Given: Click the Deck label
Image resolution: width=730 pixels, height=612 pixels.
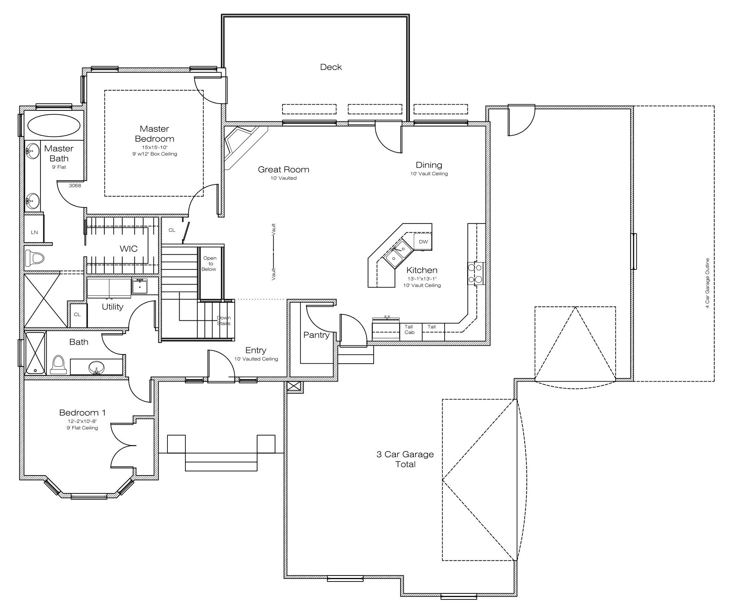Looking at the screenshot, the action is pyautogui.click(x=331, y=67).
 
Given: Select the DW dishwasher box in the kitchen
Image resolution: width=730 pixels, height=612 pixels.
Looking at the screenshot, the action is pyautogui.click(x=423, y=242).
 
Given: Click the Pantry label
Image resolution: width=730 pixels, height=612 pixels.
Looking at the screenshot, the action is pyautogui.click(x=316, y=335).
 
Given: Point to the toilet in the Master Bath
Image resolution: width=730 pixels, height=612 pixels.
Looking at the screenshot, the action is pyautogui.click(x=35, y=258).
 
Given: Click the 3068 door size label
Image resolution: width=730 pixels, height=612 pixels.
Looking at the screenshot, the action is pyautogui.click(x=75, y=186).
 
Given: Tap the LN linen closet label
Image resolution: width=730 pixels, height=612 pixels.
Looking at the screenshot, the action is pyautogui.click(x=34, y=232).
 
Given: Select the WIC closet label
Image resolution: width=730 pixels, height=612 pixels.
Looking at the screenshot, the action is pyautogui.click(x=128, y=249).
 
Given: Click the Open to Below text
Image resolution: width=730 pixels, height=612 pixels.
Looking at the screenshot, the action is pyautogui.click(x=210, y=263).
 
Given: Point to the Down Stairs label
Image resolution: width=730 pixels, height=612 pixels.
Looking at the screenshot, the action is pyautogui.click(x=224, y=320).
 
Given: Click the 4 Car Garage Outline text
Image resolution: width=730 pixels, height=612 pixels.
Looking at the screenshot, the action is pyautogui.click(x=707, y=283).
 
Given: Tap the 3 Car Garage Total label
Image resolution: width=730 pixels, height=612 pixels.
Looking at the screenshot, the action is pyautogui.click(x=405, y=459).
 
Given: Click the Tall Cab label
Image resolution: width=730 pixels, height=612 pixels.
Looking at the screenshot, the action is pyautogui.click(x=409, y=329).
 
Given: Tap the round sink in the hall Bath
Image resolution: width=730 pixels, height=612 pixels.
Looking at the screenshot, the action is pyautogui.click(x=96, y=367).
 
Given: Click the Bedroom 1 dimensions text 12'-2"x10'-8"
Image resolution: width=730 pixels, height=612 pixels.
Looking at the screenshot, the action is pyautogui.click(x=82, y=421).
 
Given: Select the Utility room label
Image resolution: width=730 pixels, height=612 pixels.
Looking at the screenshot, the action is pyautogui.click(x=112, y=307).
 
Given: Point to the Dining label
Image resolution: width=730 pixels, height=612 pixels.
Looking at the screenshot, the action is pyautogui.click(x=429, y=165).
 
